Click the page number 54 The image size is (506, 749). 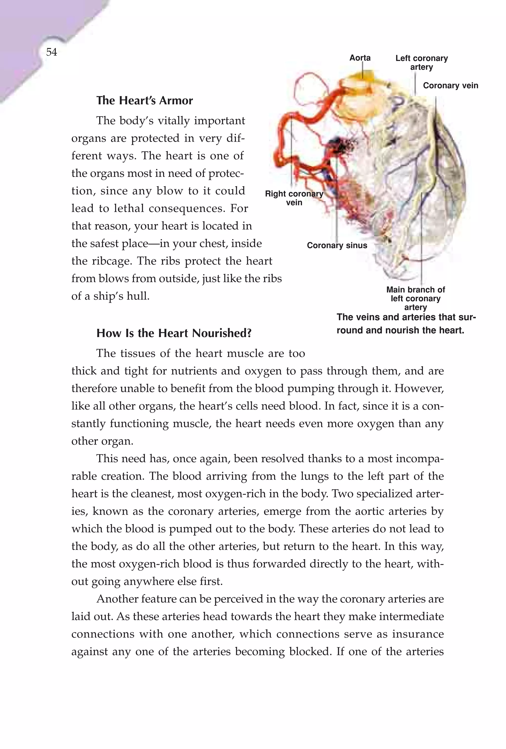(51, 52)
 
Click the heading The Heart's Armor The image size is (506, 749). (145, 101)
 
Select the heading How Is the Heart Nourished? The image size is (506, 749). (174, 333)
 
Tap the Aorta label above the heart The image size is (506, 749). (360, 58)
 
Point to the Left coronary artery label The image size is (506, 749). (421, 63)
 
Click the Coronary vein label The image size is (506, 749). (450, 86)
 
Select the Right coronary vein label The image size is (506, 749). (294, 198)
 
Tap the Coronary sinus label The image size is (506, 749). (337, 246)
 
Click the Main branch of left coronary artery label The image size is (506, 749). (416, 299)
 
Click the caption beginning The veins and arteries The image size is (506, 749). (406, 324)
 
